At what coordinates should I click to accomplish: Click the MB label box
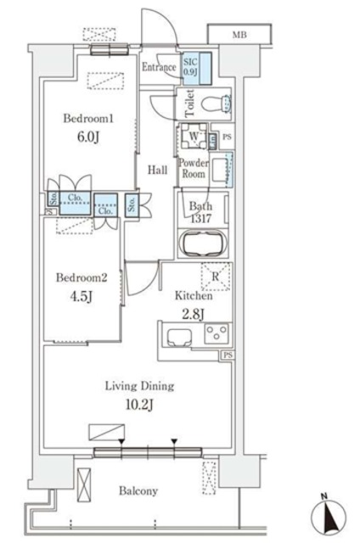[239, 34]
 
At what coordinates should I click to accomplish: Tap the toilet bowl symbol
[216, 104]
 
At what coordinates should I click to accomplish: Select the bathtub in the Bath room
[203, 244]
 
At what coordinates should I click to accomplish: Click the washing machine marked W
[194, 136]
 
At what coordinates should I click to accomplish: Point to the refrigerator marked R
[216, 277]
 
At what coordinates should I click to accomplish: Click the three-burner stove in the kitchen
[217, 333]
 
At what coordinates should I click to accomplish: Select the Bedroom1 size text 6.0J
[88, 137]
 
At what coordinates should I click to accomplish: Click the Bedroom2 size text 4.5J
[82, 296]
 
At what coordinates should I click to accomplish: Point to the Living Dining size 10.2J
[139, 405]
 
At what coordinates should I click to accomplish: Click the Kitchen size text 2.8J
[193, 314]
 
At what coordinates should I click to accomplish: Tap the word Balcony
[138, 490]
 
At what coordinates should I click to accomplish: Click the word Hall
[157, 170]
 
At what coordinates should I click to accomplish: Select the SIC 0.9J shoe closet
[197, 69]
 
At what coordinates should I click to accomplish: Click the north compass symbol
[329, 513]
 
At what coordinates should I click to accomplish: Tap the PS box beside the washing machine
[227, 137]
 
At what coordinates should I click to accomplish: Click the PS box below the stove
[228, 355]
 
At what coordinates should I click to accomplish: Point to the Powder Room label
[194, 168]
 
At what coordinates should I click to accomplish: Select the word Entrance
[159, 67]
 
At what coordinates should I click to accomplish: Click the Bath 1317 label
[200, 212]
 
